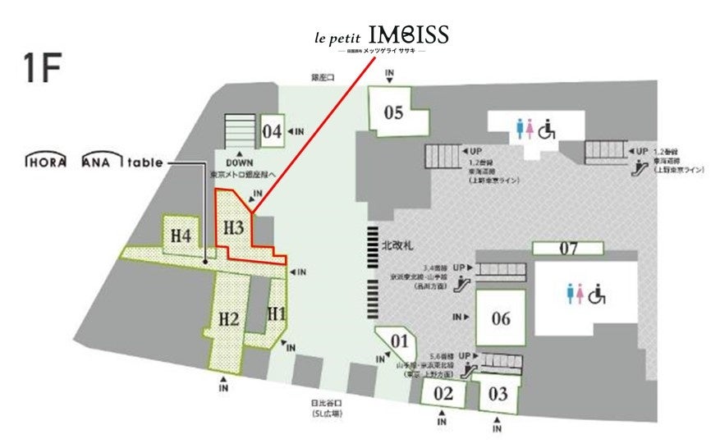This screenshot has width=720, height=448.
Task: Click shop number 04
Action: pos(272,131)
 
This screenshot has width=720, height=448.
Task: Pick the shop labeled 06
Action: pos(501,318)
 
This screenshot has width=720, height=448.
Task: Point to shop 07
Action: pos(569,248)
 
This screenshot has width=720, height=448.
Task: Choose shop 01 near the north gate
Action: pos(400,340)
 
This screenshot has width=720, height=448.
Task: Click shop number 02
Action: pos(443,393)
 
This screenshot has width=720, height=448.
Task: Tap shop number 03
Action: pos(498,394)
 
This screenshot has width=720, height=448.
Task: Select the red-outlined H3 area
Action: pos(234,226)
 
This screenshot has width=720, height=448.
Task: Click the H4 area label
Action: pos(181,236)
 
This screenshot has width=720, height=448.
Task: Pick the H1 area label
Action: pos(277,313)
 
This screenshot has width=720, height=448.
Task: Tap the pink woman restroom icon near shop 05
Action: pos(531,128)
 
